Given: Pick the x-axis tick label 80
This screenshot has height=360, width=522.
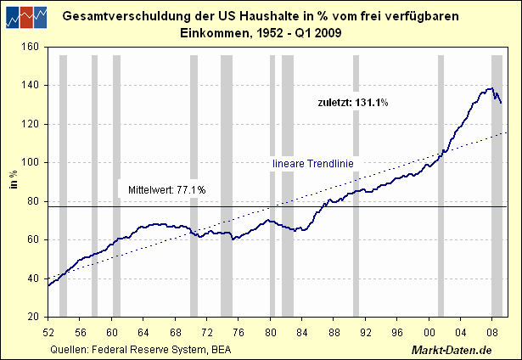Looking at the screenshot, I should [270, 332].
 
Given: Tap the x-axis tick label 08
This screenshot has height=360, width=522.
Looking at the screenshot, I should [491, 332].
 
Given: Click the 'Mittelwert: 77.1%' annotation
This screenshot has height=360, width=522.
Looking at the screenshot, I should [166, 189].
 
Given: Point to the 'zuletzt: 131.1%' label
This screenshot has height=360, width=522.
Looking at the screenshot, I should [353, 103].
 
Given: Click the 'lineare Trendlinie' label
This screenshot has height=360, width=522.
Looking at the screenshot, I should [312, 163].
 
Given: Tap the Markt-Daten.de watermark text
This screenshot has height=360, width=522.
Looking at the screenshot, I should [463, 349].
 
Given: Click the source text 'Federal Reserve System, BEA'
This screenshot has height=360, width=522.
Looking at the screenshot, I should [160, 349].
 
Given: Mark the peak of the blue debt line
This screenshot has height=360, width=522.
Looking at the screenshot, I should [491, 88].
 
